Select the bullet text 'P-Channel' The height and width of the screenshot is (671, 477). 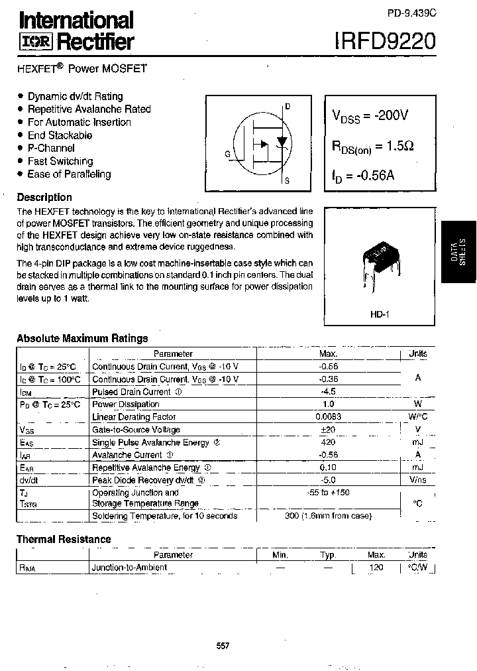(51, 148)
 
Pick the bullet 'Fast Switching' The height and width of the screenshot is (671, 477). (60, 161)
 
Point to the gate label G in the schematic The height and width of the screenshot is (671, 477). (227, 154)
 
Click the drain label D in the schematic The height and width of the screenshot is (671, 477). (288, 107)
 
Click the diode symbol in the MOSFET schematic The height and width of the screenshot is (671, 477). (282, 142)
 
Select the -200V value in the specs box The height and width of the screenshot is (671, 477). (391, 115)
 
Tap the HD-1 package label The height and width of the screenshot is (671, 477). (380, 314)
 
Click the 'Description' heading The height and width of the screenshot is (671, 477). (44, 197)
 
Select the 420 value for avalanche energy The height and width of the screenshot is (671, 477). (328, 442)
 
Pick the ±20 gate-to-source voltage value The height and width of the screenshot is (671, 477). (328, 430)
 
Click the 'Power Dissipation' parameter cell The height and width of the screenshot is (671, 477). (117, 404)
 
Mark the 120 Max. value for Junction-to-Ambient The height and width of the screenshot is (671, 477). (376, 568)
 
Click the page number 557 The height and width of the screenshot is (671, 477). (223, 646)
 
